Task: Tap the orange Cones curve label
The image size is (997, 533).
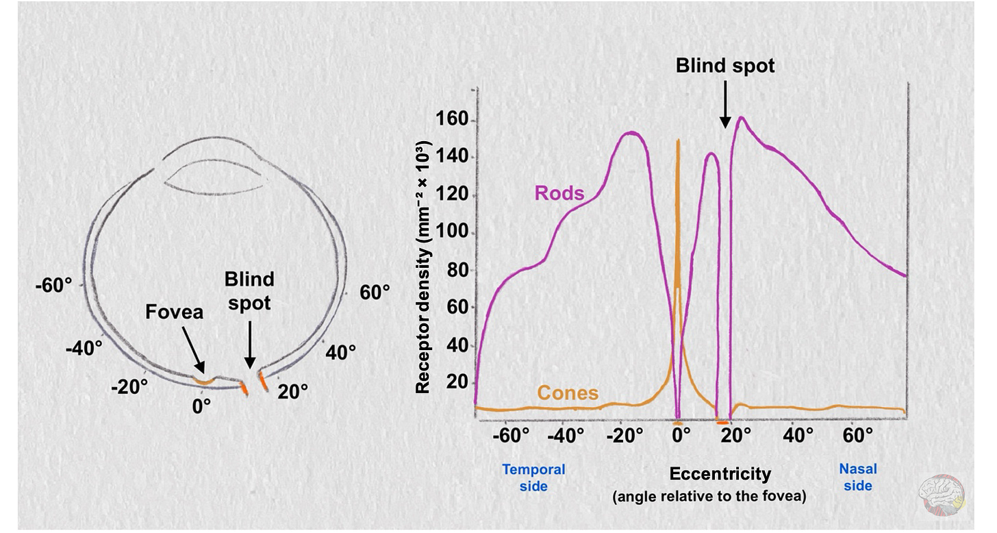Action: tap(568, 393)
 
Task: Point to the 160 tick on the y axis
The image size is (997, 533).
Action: tap(453, 121)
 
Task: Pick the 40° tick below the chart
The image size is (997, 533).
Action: tap(798, 436)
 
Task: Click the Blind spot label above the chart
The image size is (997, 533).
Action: tap(725, 66)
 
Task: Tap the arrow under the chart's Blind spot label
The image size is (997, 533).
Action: tap(725, 110)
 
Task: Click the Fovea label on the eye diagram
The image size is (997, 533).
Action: tap(174, 312)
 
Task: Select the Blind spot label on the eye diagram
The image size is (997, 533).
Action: tap(249, 290)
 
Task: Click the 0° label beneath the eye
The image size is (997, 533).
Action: tap(201, 406)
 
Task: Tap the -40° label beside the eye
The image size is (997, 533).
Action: tap(84, 348)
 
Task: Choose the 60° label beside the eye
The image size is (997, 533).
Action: tap(375, 293)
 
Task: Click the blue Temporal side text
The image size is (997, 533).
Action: tap(533, 478)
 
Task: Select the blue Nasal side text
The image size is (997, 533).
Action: tap(857, 478)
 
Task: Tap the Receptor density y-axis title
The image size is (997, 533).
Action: tap(423, 267)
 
